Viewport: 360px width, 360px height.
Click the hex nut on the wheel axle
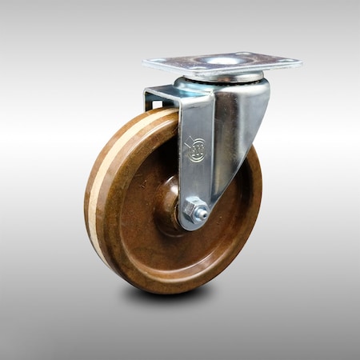coord(195,211)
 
